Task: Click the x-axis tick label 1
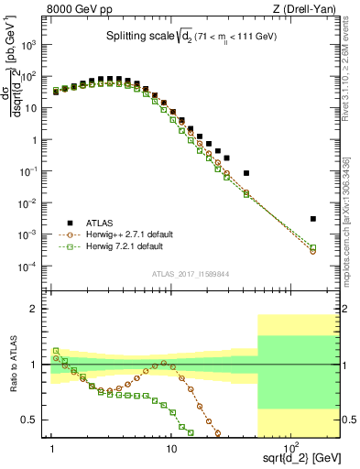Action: click(x=52, y=446)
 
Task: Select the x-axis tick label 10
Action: click(x=170, y=446)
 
